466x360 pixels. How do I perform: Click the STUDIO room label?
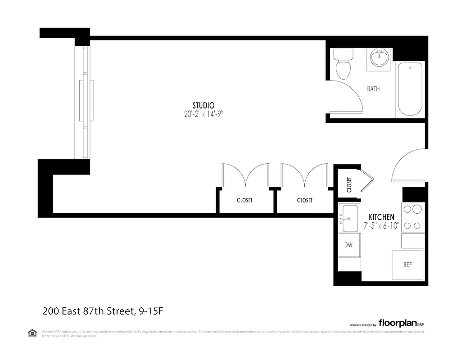click(203, 106)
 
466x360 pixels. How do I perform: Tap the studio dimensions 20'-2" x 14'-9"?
click(204, 114)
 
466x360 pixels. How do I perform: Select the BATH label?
click(373, 89)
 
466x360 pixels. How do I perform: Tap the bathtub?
click(410, 90)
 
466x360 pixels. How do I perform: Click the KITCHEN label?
click(381, 217)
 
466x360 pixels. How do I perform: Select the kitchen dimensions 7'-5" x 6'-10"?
click(381, 226)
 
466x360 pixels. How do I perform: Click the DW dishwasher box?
click(348, 245)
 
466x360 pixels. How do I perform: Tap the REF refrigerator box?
click(407, 265)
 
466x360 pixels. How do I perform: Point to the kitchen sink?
click(350, 219)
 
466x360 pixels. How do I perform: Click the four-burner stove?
click(412, 217)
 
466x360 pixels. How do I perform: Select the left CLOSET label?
click(244, 200)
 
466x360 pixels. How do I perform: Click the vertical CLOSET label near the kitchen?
click(349, 184)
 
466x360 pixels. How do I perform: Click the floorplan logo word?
click(397, 323)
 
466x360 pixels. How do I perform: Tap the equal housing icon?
click(32, 333)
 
